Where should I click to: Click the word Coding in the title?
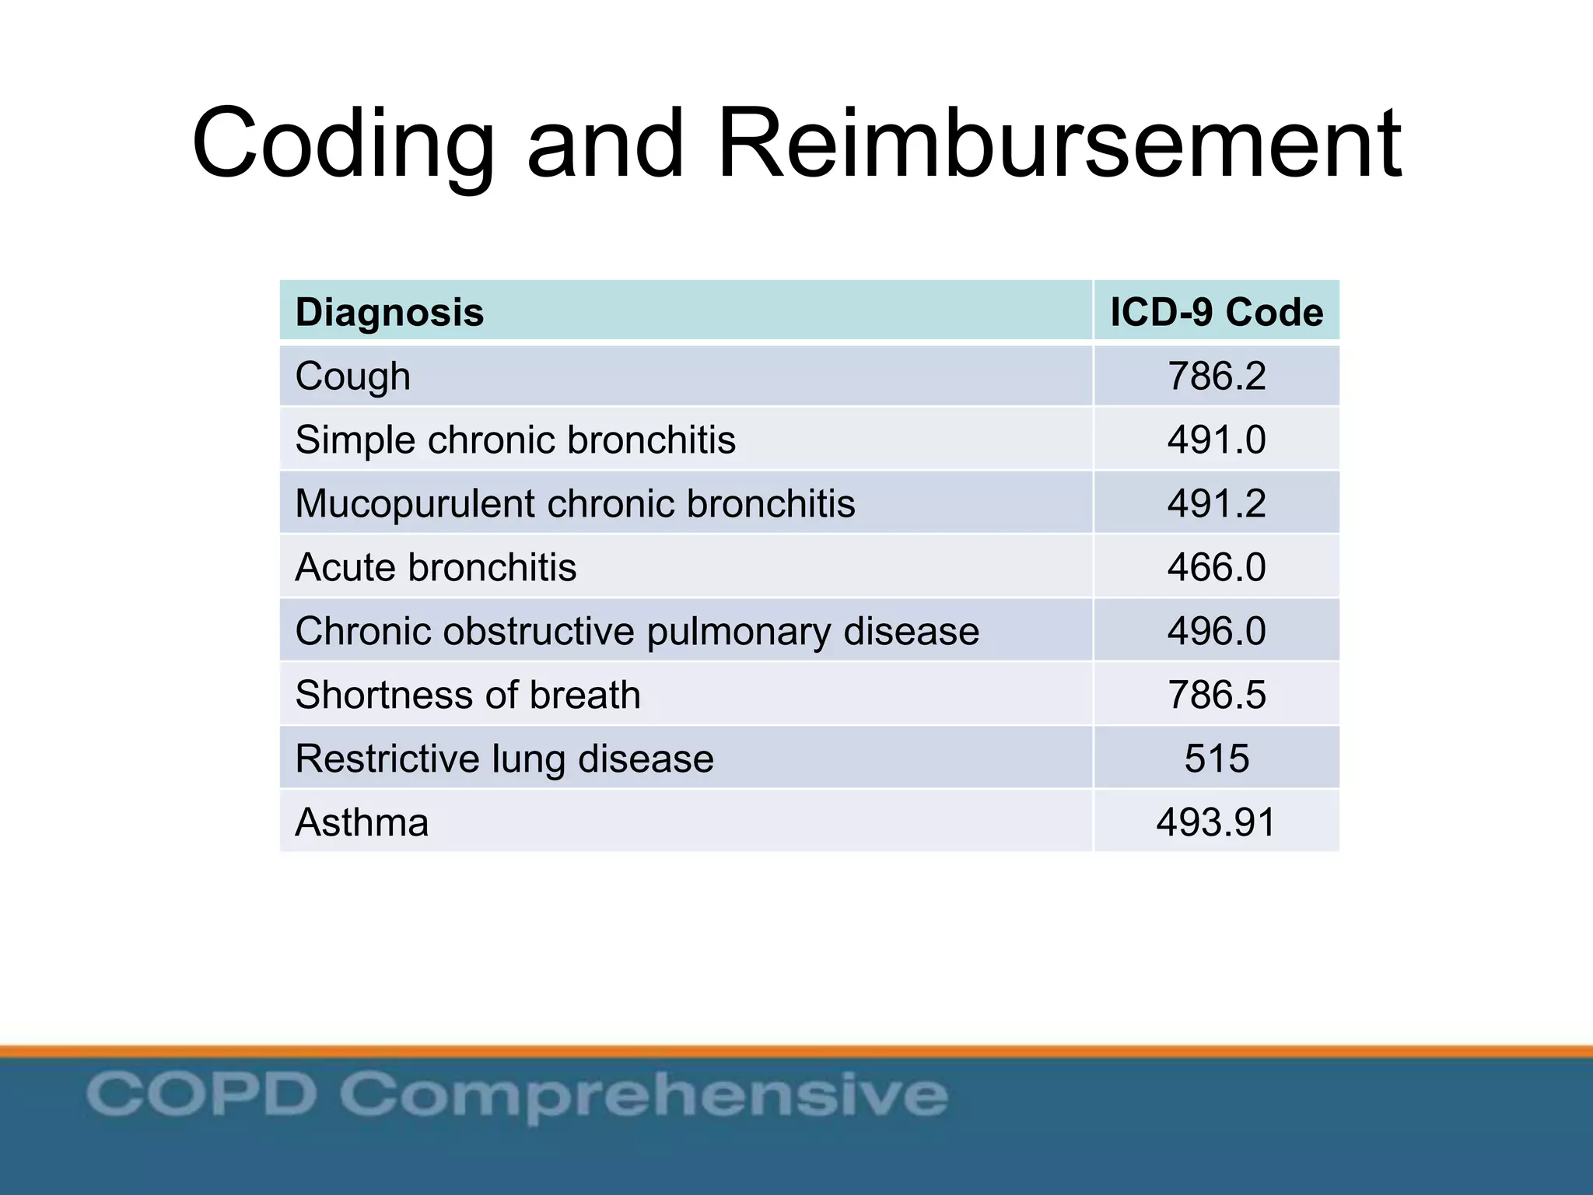pyautogui.click(x=343, y=145)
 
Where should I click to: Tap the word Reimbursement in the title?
pyautogui.click(x=1059, y=145)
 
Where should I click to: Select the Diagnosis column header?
pyautogui.click(x=390, y=313)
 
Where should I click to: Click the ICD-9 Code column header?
pyautogui.click(x=1217, y=313)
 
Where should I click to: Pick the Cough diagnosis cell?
pyautogui.click(x=353, y=377)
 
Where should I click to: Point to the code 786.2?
pyautogui.click(x=1217, y=377)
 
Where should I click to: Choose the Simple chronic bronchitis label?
pyautogui.click(x=515, y=440)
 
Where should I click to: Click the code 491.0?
pyautogui.click(x=1217, y=440)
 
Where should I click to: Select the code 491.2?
pyautogui.click(x=1217, y=504)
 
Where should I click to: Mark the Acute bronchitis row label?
pyautogui.click(x=436, y=567)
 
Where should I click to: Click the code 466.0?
pyautogui.click(x=1217, y=567)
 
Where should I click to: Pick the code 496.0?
pyautogui.click(x=1217, y=631)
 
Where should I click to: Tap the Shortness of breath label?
pyautogui.click(x=467, y=695)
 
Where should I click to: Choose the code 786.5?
pyautogui.click(x=1217, y=695)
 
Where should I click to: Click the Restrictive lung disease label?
pyautogui.click(x=504, y=759)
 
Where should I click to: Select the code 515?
pyautogui.click(x=1217, y=759)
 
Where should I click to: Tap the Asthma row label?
pyautogui.click(x=362, y=822)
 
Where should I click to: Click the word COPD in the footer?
pyautogui.click(x=201, y=1093)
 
